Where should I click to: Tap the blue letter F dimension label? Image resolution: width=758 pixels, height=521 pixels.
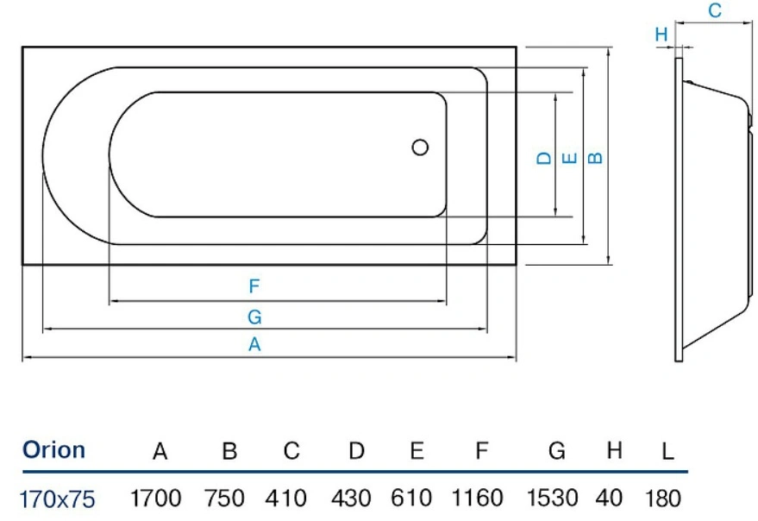click(254, 286)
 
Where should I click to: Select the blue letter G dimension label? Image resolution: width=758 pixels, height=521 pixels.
click(254, 317)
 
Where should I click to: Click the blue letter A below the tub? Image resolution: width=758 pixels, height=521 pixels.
click(254, 344)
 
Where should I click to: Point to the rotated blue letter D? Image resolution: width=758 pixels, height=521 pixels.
click(544, 158)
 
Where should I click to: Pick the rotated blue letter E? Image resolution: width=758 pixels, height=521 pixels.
click(570, 158)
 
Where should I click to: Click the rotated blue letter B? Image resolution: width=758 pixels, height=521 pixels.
click(596, 158)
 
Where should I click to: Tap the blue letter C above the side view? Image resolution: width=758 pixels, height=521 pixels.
click(715, 10)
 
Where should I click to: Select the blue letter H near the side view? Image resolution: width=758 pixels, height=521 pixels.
click(661, 35)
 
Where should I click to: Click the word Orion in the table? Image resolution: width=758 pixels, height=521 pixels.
click(53, 450)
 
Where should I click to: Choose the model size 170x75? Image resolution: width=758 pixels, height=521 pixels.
click(58, 499)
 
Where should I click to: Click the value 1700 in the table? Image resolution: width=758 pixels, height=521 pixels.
click(156, 498)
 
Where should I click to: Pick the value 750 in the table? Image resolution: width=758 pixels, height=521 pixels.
click(224, 498)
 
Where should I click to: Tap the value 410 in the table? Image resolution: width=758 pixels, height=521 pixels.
click(285, 498)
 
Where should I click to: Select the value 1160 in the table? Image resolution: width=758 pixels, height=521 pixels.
click(477, 498)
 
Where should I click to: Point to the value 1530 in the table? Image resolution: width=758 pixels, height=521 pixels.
click(552, 498)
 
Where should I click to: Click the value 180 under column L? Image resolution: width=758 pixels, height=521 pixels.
click(663, 498)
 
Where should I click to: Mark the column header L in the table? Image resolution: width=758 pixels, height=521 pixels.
click(667, 451)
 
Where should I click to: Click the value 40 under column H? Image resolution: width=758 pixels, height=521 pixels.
click(609, 498)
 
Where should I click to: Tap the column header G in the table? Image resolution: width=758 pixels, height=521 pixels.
click(557, 451)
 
